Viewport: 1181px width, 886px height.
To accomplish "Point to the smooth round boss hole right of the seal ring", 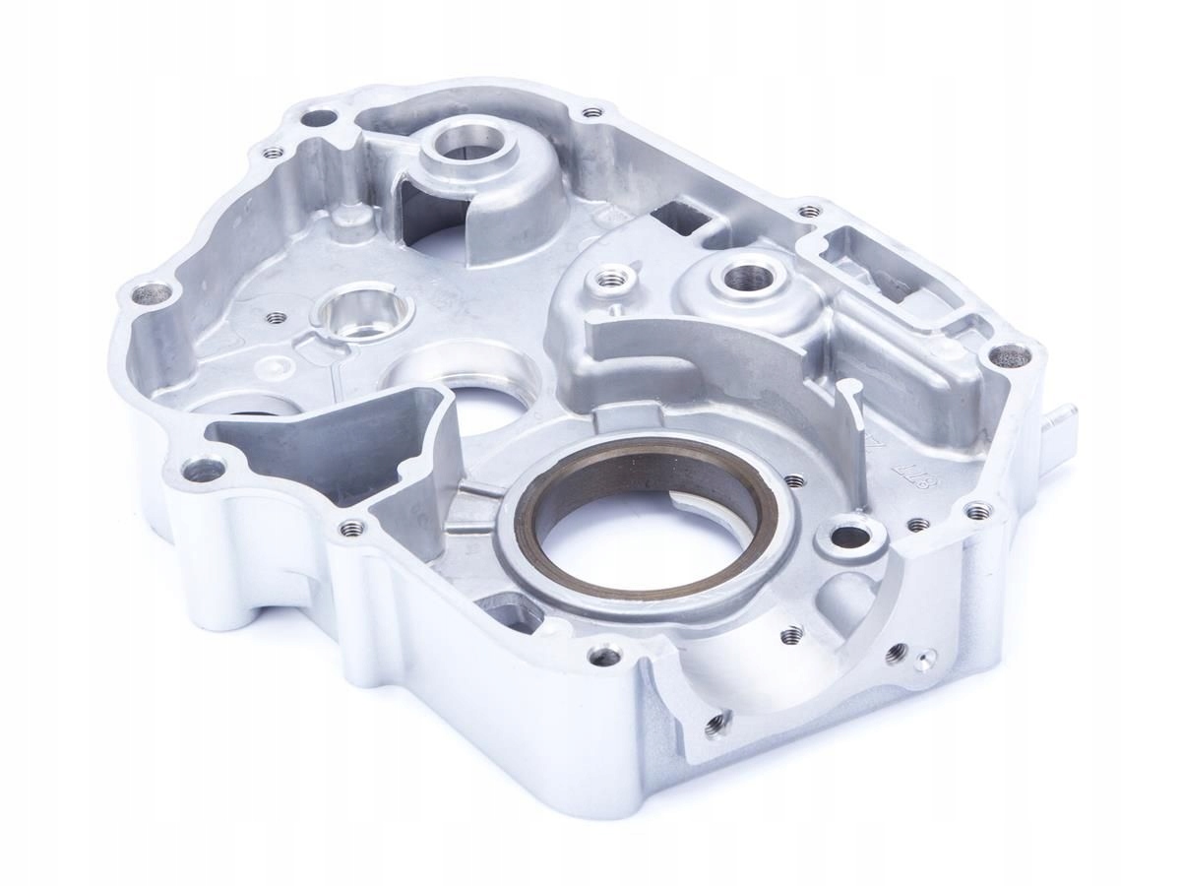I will (846, 538).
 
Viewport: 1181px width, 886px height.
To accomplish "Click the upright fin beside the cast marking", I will (850, 423).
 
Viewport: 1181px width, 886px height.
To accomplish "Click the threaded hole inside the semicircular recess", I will (790, 635).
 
